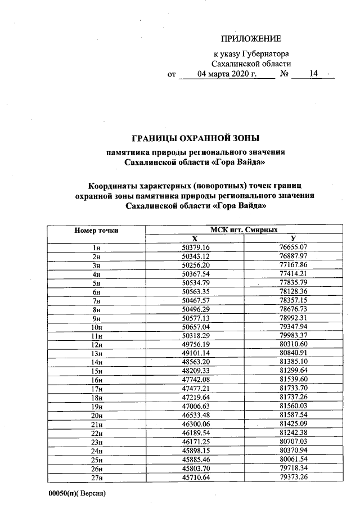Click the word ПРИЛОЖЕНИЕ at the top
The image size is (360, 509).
(x=251, y=39)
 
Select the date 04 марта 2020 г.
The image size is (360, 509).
(x=227, y=74)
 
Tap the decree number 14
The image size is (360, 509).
(x=313, y=74)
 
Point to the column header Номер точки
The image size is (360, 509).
(x=96, y=230)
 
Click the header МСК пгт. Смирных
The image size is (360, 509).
(x=244, y=229)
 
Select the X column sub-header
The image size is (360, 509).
(x=195, y=238)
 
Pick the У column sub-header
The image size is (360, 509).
(x=293, y=238)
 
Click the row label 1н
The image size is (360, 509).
(x=96, y=247)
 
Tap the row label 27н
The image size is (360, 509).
(x=96, y=478)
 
